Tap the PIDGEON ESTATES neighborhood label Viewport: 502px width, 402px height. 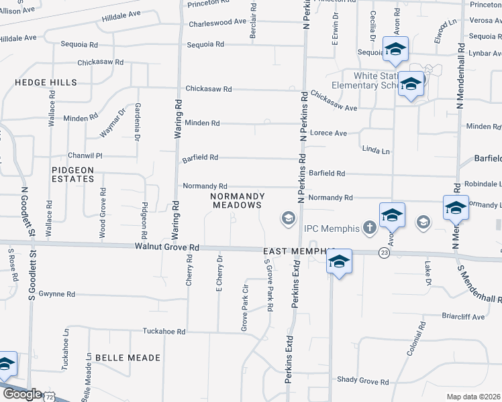72,174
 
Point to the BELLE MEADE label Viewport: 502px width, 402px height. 128,358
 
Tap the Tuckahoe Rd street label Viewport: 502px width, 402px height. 163,331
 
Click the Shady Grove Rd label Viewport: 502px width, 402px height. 363,381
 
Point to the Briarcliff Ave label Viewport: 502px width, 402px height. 463,316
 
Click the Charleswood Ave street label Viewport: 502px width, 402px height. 217,21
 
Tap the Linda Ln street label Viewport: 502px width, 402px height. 376,151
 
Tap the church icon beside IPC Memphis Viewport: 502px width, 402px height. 368,228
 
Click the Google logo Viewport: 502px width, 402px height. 22,394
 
